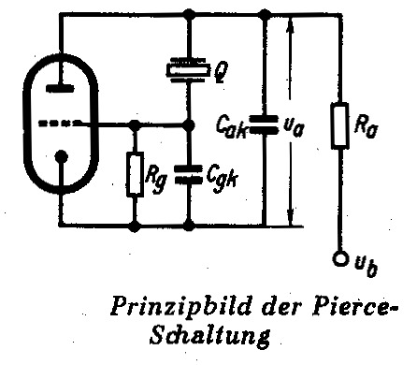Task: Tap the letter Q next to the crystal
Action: click(x=221, y=72)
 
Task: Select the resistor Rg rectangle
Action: click(x=135, y=174)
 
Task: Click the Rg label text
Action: click(x=156, y=180)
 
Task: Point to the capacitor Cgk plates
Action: click(x=188, y=174)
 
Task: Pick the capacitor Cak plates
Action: click(x=264, y=124)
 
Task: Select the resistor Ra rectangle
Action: click(x=339, y=125)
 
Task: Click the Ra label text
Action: click(x=366, y=126)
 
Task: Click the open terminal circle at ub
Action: click(x=340, y=258)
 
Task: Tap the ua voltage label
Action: click(x=293, y=127)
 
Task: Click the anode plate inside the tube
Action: click(x=61, y=88)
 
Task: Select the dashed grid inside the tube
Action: click(x=58, y=124)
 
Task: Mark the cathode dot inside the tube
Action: click(x=61, y=156)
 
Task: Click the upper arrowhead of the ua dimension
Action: click(x=291, y=25)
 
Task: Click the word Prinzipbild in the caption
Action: click(x=181, y=306)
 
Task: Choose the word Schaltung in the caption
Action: click(x=209, y=334)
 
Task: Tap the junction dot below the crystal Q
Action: click(x=188, y=125)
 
